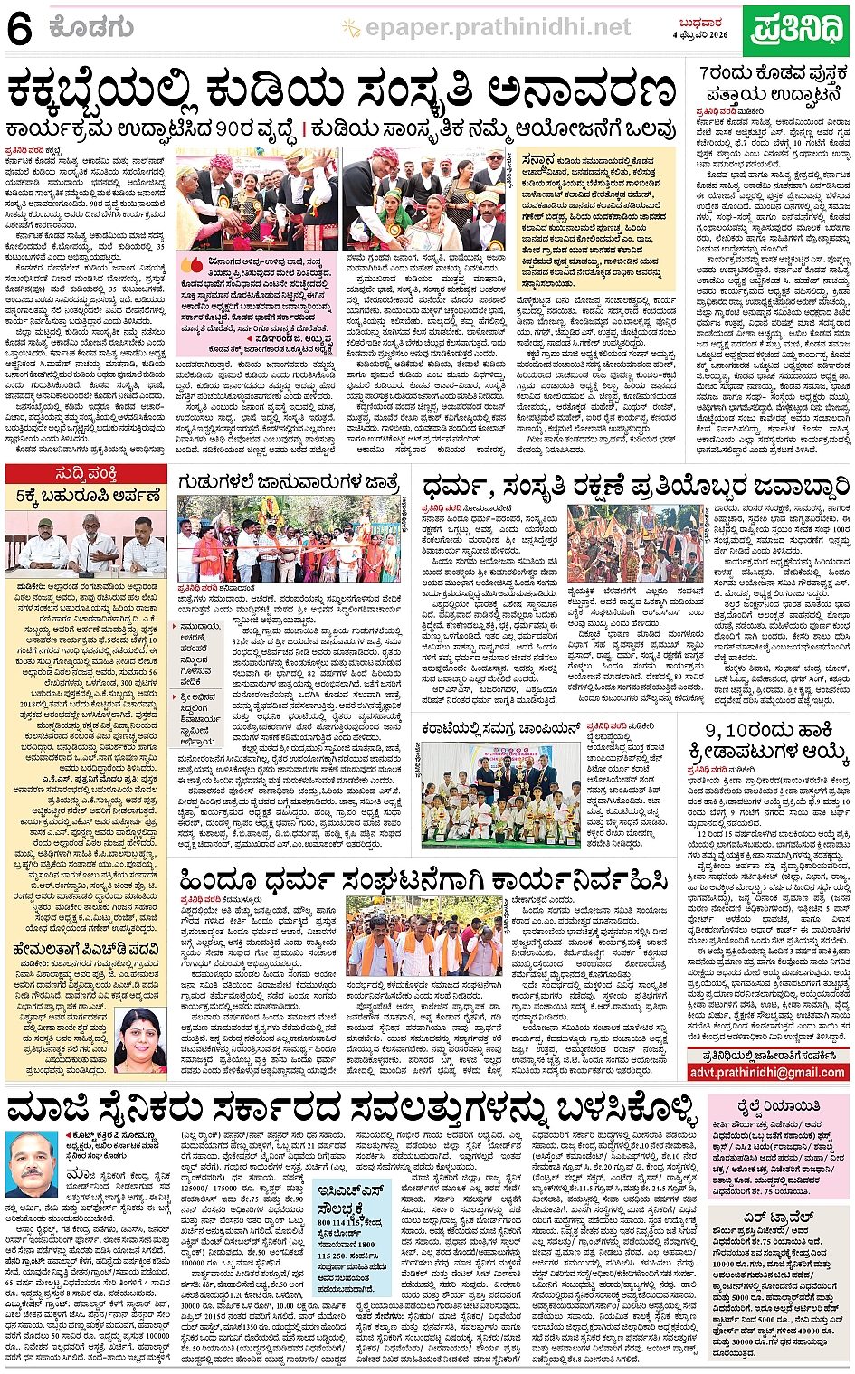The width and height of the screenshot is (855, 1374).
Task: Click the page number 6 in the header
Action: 19,30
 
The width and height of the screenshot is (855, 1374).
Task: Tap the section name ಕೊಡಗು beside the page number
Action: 92,30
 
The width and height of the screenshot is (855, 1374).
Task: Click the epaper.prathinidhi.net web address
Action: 498,29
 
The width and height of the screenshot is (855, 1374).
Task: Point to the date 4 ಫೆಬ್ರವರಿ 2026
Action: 699,34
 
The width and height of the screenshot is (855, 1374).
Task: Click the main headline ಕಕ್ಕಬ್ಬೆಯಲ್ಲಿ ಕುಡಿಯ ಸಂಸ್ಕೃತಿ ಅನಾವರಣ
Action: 342,91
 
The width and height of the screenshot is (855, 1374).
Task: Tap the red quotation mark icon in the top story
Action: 191,265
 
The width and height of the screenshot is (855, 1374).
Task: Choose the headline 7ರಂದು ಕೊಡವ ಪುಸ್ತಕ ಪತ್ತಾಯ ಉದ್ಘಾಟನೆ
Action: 774,83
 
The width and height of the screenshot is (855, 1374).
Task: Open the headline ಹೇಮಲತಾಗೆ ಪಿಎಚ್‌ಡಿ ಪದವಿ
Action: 87,949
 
